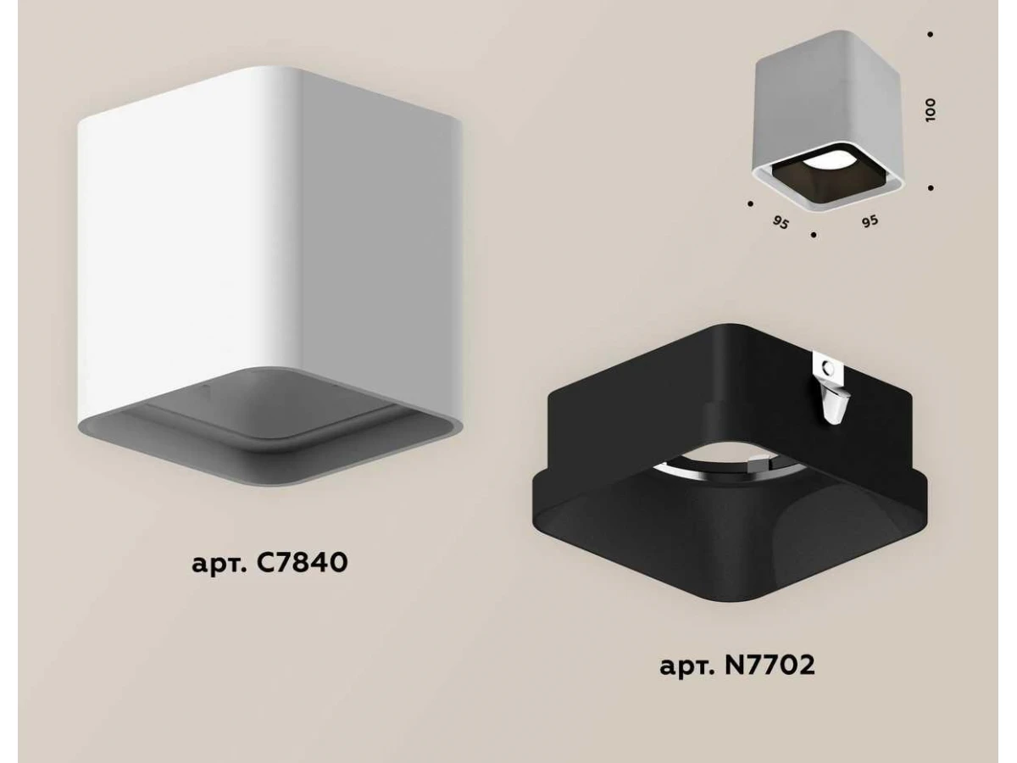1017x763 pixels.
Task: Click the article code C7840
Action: pos(301,563)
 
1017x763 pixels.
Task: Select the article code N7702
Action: pos(770,666)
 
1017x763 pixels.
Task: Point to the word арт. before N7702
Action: pos(686,667)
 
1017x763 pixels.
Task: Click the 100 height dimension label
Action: pos(930,110)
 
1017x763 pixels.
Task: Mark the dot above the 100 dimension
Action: pos(931,34)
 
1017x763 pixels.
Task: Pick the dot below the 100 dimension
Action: pos(931,188)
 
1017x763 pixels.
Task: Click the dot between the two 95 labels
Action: pos(814,236)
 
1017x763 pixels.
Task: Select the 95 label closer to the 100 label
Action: pos(870,221)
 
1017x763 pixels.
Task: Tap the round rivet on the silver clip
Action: pos(825,369)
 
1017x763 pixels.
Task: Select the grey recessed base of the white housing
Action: pos(269,426)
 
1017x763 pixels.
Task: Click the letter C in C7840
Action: pos(265,563)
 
